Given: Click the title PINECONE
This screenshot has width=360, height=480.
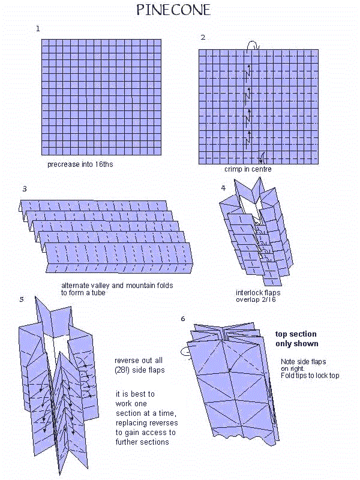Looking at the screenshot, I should pyautogui.click(x=173, y=10).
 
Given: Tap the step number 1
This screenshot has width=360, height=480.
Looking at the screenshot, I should pyautogui.click(x=38, y=28).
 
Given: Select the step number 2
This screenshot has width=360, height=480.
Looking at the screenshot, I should pyautogui.click(x=203, y=37).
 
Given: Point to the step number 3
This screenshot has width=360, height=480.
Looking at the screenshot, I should pyautogui.click(x=24, y=188).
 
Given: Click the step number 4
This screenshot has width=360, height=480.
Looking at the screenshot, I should pyautogui.click(x=223, y=188).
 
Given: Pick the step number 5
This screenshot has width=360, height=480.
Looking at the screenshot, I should pyautogui.click(x=22, y=298).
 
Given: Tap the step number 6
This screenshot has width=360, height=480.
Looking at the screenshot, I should pyautogui.click(x=182, y=319).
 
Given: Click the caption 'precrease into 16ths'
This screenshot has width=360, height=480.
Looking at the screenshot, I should pyautogui.click(x=80, y=164).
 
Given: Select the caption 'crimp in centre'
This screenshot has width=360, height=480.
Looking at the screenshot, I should pyautogui.click(x=248, y=169).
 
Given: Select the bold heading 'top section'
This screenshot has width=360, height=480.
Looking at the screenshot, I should pyautogui.click(x=296, y=334).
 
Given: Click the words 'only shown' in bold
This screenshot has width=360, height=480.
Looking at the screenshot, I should pyautogui.click(x=296, y=344).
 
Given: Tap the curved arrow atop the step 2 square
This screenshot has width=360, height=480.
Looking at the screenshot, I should pyautogui.click(x=253, y=44).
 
